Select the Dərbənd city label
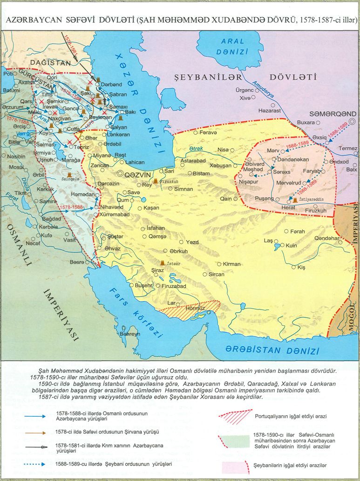(x=111, y=84)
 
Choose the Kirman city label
(x=231, y=264)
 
